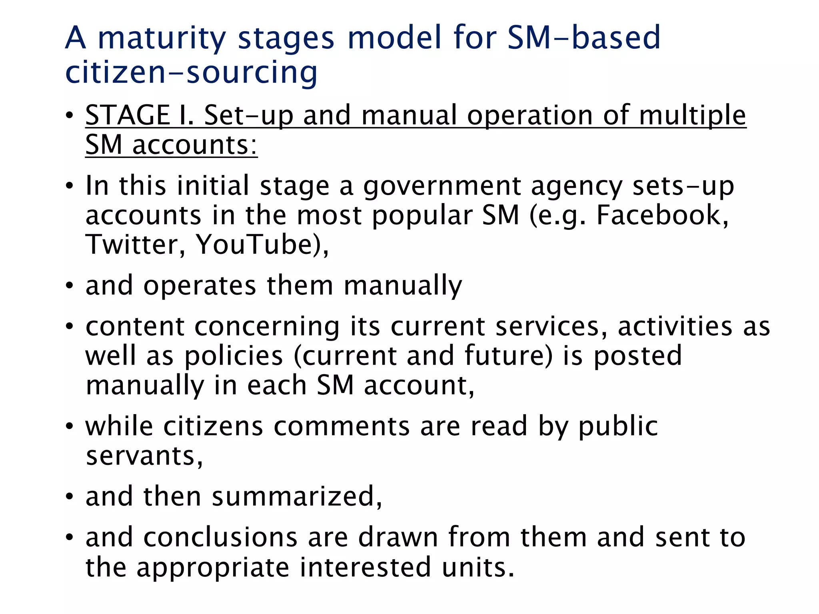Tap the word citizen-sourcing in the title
tap(191, 73)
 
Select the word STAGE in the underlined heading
tap(128, 115)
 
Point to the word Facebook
tap(662, 215)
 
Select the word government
tap(442, 186)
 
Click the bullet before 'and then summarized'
tap(70, 497)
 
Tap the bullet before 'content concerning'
tap(70, 327)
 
